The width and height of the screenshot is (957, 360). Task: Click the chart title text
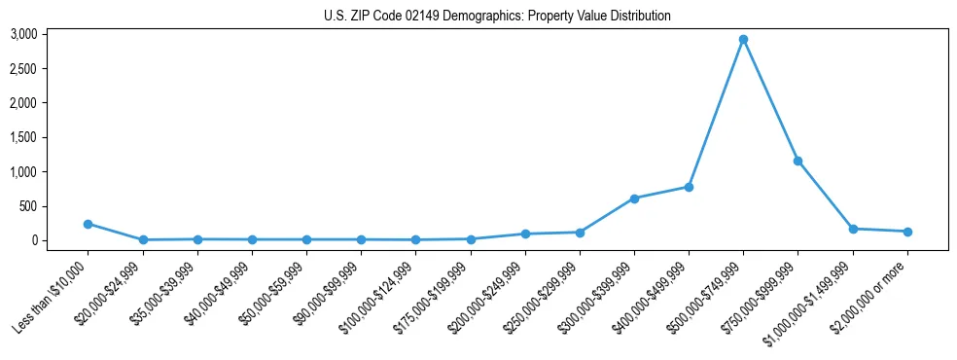pyautogui.click(x=497, y=16)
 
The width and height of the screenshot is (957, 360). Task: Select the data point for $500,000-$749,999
pyautogui.click(x=743, y=40)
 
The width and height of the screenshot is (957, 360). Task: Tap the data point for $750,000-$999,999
pyautogui.click(x=797, y=161)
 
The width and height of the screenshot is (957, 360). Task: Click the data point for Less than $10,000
pyautogui.click(x=89, y=224)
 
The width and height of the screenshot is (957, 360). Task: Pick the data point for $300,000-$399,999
pyautogui.click(x=634, y=198)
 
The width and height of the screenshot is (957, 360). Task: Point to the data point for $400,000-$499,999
pyautogui.click(x=689, y=187)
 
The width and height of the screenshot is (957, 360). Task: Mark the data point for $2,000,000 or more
pyautogui.click(x=907, y=232)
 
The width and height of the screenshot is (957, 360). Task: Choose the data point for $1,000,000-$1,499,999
pyautogui.click(x=853, y=229)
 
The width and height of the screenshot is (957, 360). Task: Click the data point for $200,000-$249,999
pyautogui.click(x=525, y=234)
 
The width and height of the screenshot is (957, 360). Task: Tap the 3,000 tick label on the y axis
pyautogui.click(x=51, y=34)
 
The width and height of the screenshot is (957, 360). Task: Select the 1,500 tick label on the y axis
pyautogui.click(x=51, y=137)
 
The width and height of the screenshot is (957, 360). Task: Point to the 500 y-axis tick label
pyautogui.click(x=55, y=206)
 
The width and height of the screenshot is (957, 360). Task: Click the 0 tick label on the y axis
pyautogui.click(x=60, y=240)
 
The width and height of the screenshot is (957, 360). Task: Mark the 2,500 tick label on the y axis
pyautogui.click(x=51, y=69)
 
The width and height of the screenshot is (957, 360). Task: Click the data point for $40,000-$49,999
pyautogui.click(x=252, y=239)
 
